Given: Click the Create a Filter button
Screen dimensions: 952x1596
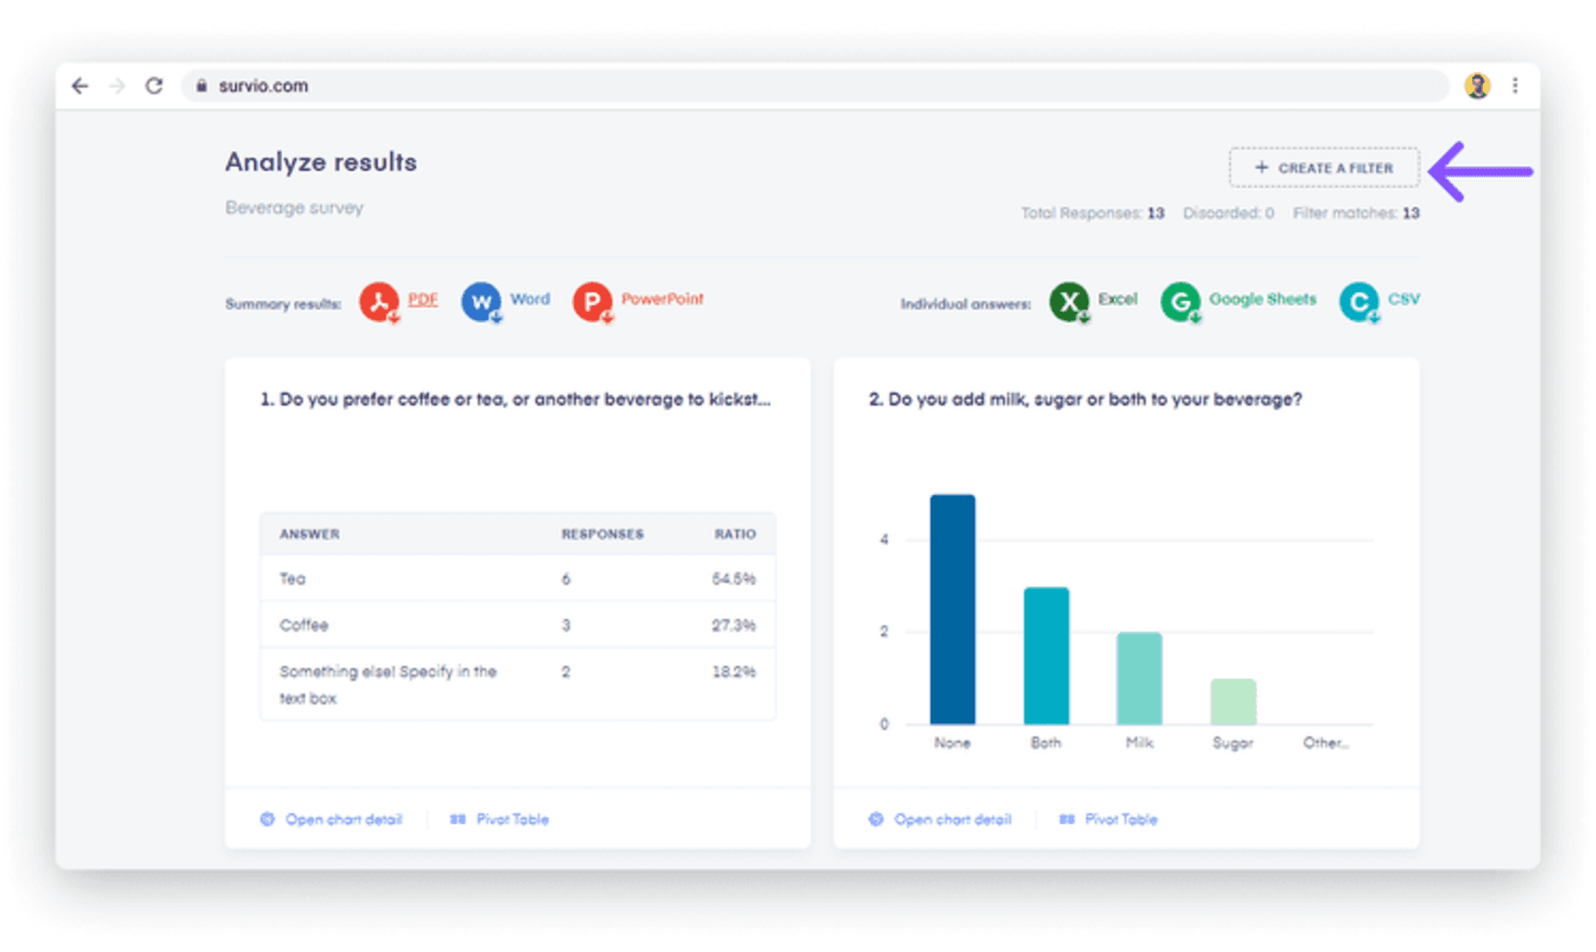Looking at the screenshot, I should pyautogui.click(x=1324, y=168).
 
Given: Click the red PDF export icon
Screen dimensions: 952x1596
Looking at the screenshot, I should pyautogui.click(x=379, y=302).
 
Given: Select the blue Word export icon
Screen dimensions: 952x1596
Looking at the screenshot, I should pyautogui.click(x=481, y=302).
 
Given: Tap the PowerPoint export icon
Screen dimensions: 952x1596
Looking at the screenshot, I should pyautogui.click(x=592, y=302).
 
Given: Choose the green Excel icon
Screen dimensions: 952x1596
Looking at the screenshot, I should pyautogui.click(x=1069, y=302).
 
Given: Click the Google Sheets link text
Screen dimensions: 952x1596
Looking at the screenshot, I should pyautogui.click(x=1262, y=299).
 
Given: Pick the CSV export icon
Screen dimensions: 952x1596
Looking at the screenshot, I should pyautogui.click(x=1358, y=302).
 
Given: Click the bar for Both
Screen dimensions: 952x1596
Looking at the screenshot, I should pyautogui.click(x=1046, y=656).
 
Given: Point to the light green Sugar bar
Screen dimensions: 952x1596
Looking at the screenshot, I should pyautogui.click(x=1233, y=702).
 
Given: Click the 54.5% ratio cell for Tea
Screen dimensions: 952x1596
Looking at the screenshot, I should pyautogui.click(x=733, y=579).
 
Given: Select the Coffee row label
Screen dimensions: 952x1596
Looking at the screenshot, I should pyautogui.click(x=304, y=625).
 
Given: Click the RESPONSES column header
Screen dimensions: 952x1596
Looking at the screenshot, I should pyautogui.click(x=602, y=534).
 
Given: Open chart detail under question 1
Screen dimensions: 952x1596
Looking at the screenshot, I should pyautogui.click(x=342, y=820).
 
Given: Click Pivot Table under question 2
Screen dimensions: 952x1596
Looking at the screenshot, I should pyautogui.click(x=1120, y=820).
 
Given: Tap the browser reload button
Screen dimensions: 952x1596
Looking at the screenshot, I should pyautogui.click(x=154, y=86).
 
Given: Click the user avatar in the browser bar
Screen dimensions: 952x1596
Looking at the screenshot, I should pyautogui.click(x=1477, y=86).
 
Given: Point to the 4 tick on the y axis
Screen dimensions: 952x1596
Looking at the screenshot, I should pyautogui.click(x=884, y=540).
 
